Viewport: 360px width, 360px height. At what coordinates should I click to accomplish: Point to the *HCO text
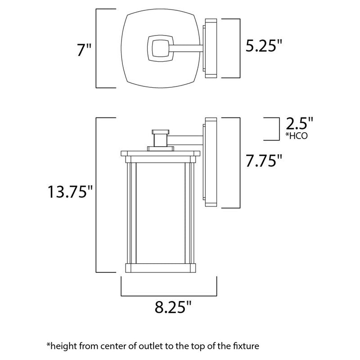(297, 135)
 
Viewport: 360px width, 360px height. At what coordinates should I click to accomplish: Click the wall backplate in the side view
(210, 162)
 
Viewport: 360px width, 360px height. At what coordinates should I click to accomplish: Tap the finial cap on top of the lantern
(159, 131)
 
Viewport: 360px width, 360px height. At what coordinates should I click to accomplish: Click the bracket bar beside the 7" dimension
(98, 48)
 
